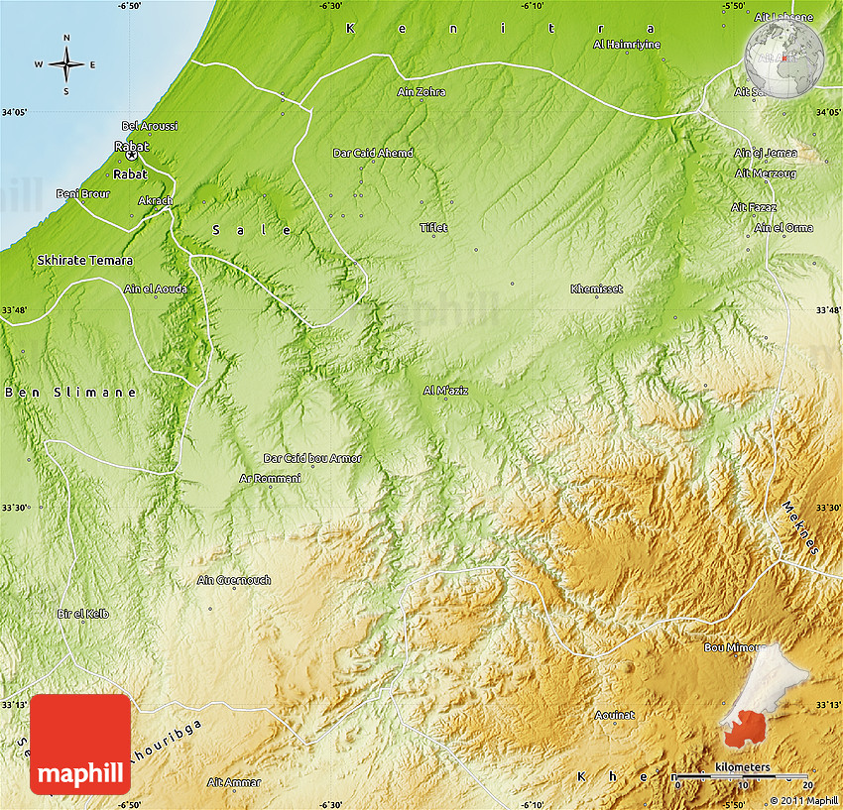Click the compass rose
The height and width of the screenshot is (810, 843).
pyautogui.click(x=66, y=64)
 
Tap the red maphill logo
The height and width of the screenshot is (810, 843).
pyautogui.click(x=80, y=744)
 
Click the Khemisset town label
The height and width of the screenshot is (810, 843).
pyautogui.click(x=596, y=289)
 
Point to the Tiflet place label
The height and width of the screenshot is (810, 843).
pyautogui.click(x=433, y=227)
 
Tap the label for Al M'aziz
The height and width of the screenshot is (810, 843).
pyautogui.click(x=445, y=390)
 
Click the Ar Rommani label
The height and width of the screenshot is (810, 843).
pyautogui.click(x=270, y=478)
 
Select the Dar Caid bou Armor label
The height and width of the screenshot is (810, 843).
pyautogui.click(x=312, y=458)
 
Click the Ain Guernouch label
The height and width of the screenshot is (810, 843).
pyautogui.click(x=234, y=580)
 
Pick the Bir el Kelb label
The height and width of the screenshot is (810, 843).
pyautogui.click(x=83, y=614)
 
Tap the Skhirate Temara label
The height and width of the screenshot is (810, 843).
pyautogui.click(x=84, y=260)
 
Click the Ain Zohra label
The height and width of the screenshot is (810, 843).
pyautogui.click(x=421, y=92)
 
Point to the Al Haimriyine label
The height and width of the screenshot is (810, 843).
pyautogui.click(x=627, y=45)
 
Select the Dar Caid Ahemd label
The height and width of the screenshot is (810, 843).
pyautogui.click(x=373, y=153)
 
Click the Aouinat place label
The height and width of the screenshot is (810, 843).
pyautogui.click(x=614, y=714)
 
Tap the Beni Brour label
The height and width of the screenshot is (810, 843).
pyautogui.click(x=83, y=193)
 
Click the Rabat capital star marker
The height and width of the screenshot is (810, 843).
pyautogui.click(x=131, y=156)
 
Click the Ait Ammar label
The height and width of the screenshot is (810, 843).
pyautogui.click(x=234, y=782)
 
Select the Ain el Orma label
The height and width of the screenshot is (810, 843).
pyautogui.click(x=783, y=227)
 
